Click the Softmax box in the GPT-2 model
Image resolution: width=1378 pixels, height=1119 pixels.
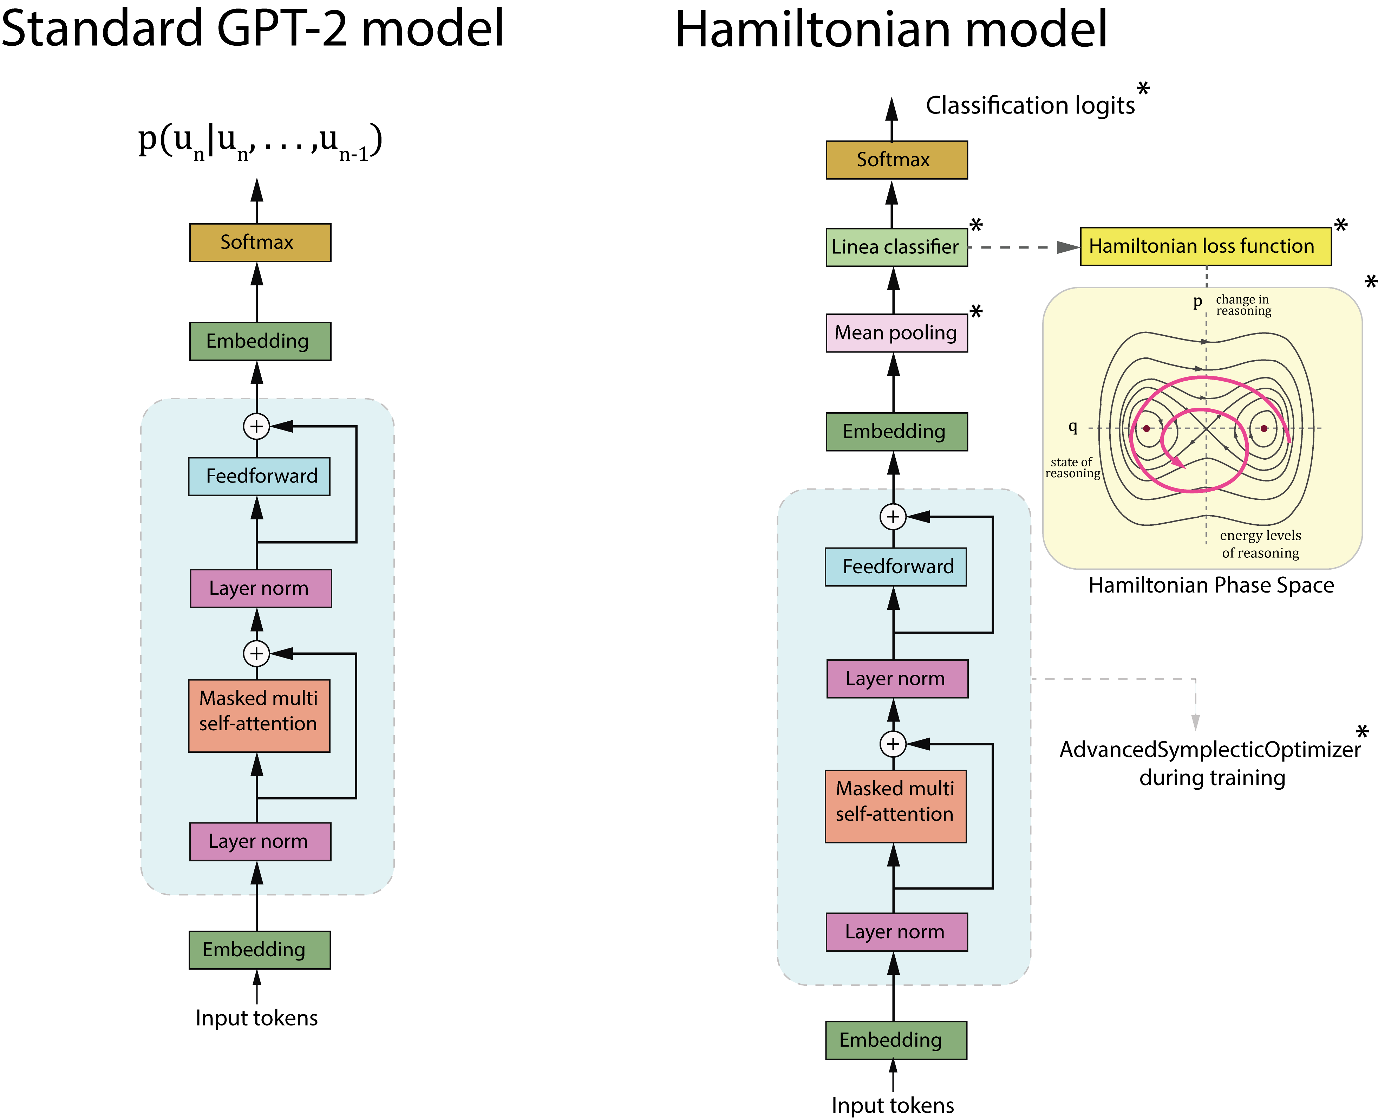pos(260,242)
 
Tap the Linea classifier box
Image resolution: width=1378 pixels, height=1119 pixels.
pos(896,247)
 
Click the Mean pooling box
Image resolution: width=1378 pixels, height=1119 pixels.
pos(896,332)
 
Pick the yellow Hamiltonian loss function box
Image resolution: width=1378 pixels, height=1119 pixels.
pos(1205,246)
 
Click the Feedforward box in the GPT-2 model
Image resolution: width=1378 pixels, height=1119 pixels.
pos(259,476)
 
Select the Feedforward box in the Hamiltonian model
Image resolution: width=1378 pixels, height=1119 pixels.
pos(895,567)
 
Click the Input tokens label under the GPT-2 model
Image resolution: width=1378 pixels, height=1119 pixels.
pos(256,1018)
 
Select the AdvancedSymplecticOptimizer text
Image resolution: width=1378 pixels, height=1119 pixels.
pos(1210,750)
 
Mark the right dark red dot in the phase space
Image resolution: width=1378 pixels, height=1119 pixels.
pos(1264,428)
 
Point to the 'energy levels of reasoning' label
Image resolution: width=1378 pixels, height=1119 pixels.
pos(1260,544)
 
